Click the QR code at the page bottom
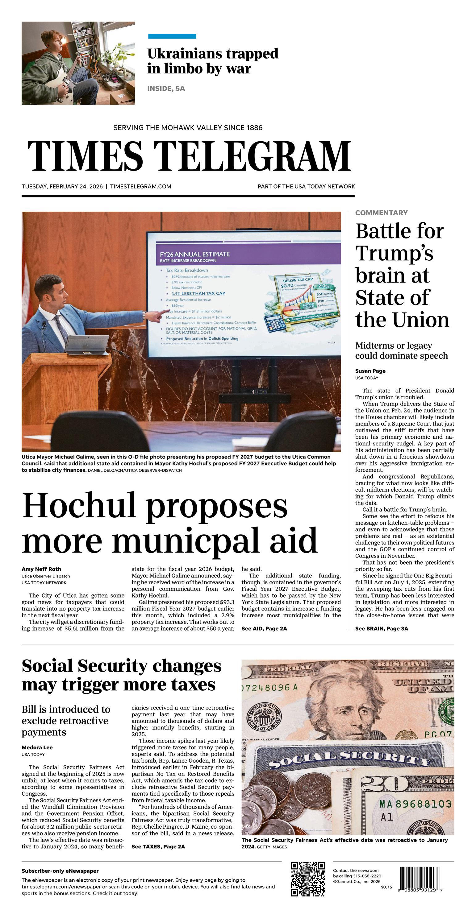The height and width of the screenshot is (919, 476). click(x=308, y=879)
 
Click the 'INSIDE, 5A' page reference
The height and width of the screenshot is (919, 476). click(x=166, y=89)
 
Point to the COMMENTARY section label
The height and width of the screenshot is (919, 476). click(x=381, y=213)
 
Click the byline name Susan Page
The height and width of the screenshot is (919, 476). click(x=370, y=371)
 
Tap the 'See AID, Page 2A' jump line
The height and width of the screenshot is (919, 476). click(x=264, y=628)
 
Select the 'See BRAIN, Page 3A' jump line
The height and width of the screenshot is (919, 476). click(x=381, y=628)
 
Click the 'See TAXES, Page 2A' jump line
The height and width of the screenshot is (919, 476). click(x=158, y=846)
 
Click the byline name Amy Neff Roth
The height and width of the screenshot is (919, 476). click(x=41, y=569)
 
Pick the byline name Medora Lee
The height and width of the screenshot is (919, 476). click(x=37, y=747)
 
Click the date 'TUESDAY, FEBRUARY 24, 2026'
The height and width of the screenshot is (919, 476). click(x=62, y=186)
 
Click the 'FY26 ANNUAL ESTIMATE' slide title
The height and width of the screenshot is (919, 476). click(x=194, y=254)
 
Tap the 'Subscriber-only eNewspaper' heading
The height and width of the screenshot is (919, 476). click(x=60, y=871)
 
